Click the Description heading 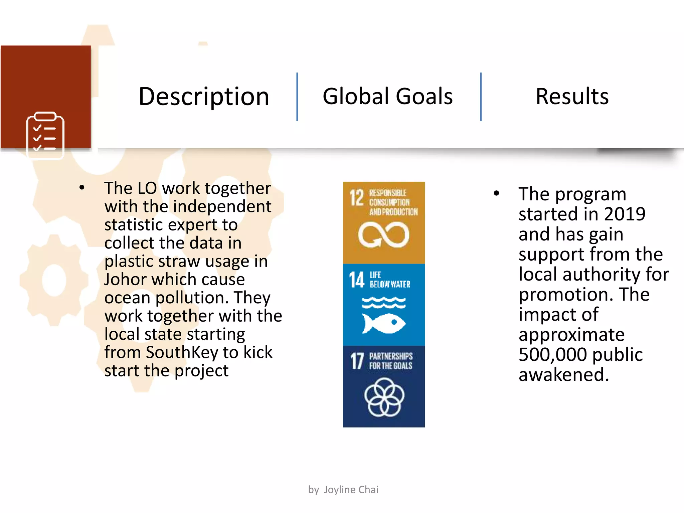pyautogui.click(x=204, y=97)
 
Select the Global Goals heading pyautogui.click(x=387, y=96)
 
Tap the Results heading pyautogui.click(x=572, y=96)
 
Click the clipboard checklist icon pyautogui.click(x=45, y=135)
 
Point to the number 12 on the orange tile pyautogui.click(x=356, y=198)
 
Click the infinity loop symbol pyautogui.click(x=383, y=235)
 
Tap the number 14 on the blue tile pyautogui.click(x=357, y=280)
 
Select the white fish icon pyautogui.click(x=384, y=323)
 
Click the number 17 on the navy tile pyautogui.click(x=357, y=361)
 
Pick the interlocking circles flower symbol pyautogui.click(x=384, y=397)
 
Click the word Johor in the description pyautogui.click(x=124, y=279)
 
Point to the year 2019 pyautogui.click(x=625, y=214)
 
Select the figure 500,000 pyautogui.click(x=548, y=355)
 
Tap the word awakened pyautogui.click(x=563, y=375)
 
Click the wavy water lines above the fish pyautogui.click(x=384, y=303)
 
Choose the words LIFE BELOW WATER pyautogui.click(x=390, y=280)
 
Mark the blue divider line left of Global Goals pyautogui.click(x=297, y=97)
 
